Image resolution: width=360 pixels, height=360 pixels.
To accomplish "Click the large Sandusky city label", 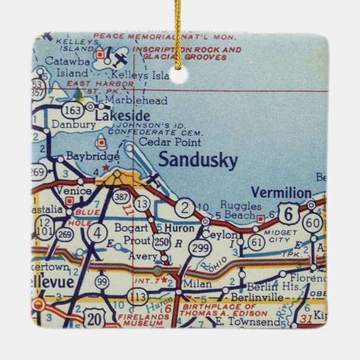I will coord(198,160).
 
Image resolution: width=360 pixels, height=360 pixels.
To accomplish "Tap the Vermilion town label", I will coord(281,193).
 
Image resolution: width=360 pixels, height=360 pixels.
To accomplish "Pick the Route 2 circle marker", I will coord(183,209).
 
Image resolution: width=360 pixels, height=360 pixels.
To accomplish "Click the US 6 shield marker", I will coord(288,213).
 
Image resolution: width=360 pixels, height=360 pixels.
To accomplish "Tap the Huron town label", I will coord(179,228).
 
